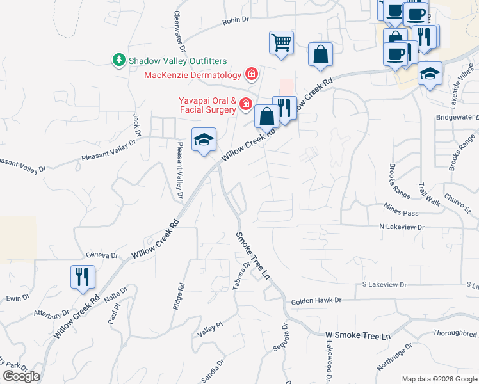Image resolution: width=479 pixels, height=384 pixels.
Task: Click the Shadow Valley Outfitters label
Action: coord(178,61)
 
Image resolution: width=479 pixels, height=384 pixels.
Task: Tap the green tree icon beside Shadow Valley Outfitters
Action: coord(118,61)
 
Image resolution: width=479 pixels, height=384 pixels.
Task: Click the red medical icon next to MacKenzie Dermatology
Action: coord(252,75)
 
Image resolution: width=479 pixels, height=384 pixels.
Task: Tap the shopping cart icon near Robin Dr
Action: coord(281,43)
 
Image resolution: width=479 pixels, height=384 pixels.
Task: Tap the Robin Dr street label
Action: coord(235,20)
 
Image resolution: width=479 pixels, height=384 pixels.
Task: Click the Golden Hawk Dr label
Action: coord(316,300)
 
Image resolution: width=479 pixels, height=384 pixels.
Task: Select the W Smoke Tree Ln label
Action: coord(357,336)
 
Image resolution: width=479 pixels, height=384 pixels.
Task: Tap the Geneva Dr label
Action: coord(102,255)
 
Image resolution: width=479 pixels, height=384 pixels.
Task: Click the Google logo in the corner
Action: coord(21,377)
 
